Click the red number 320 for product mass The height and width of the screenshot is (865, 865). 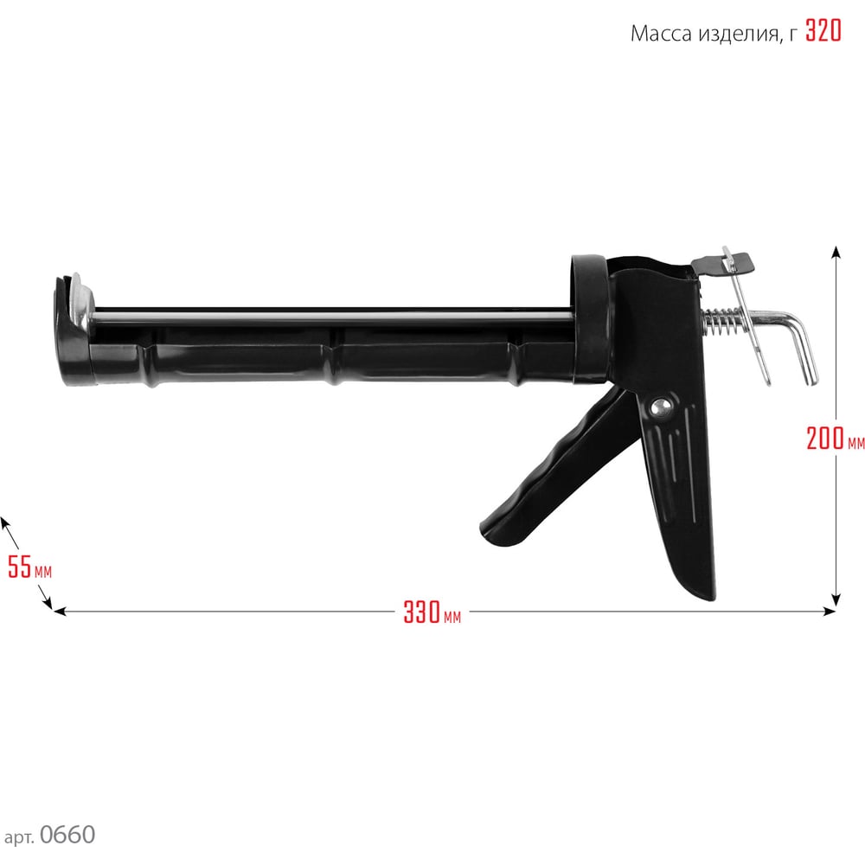pos(823,31)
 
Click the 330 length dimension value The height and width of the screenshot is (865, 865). pos(421,612)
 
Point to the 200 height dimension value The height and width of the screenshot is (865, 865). pos(824,439)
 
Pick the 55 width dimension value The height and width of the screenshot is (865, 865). pos(20,567)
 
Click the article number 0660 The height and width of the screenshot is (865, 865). pos(67,835)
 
